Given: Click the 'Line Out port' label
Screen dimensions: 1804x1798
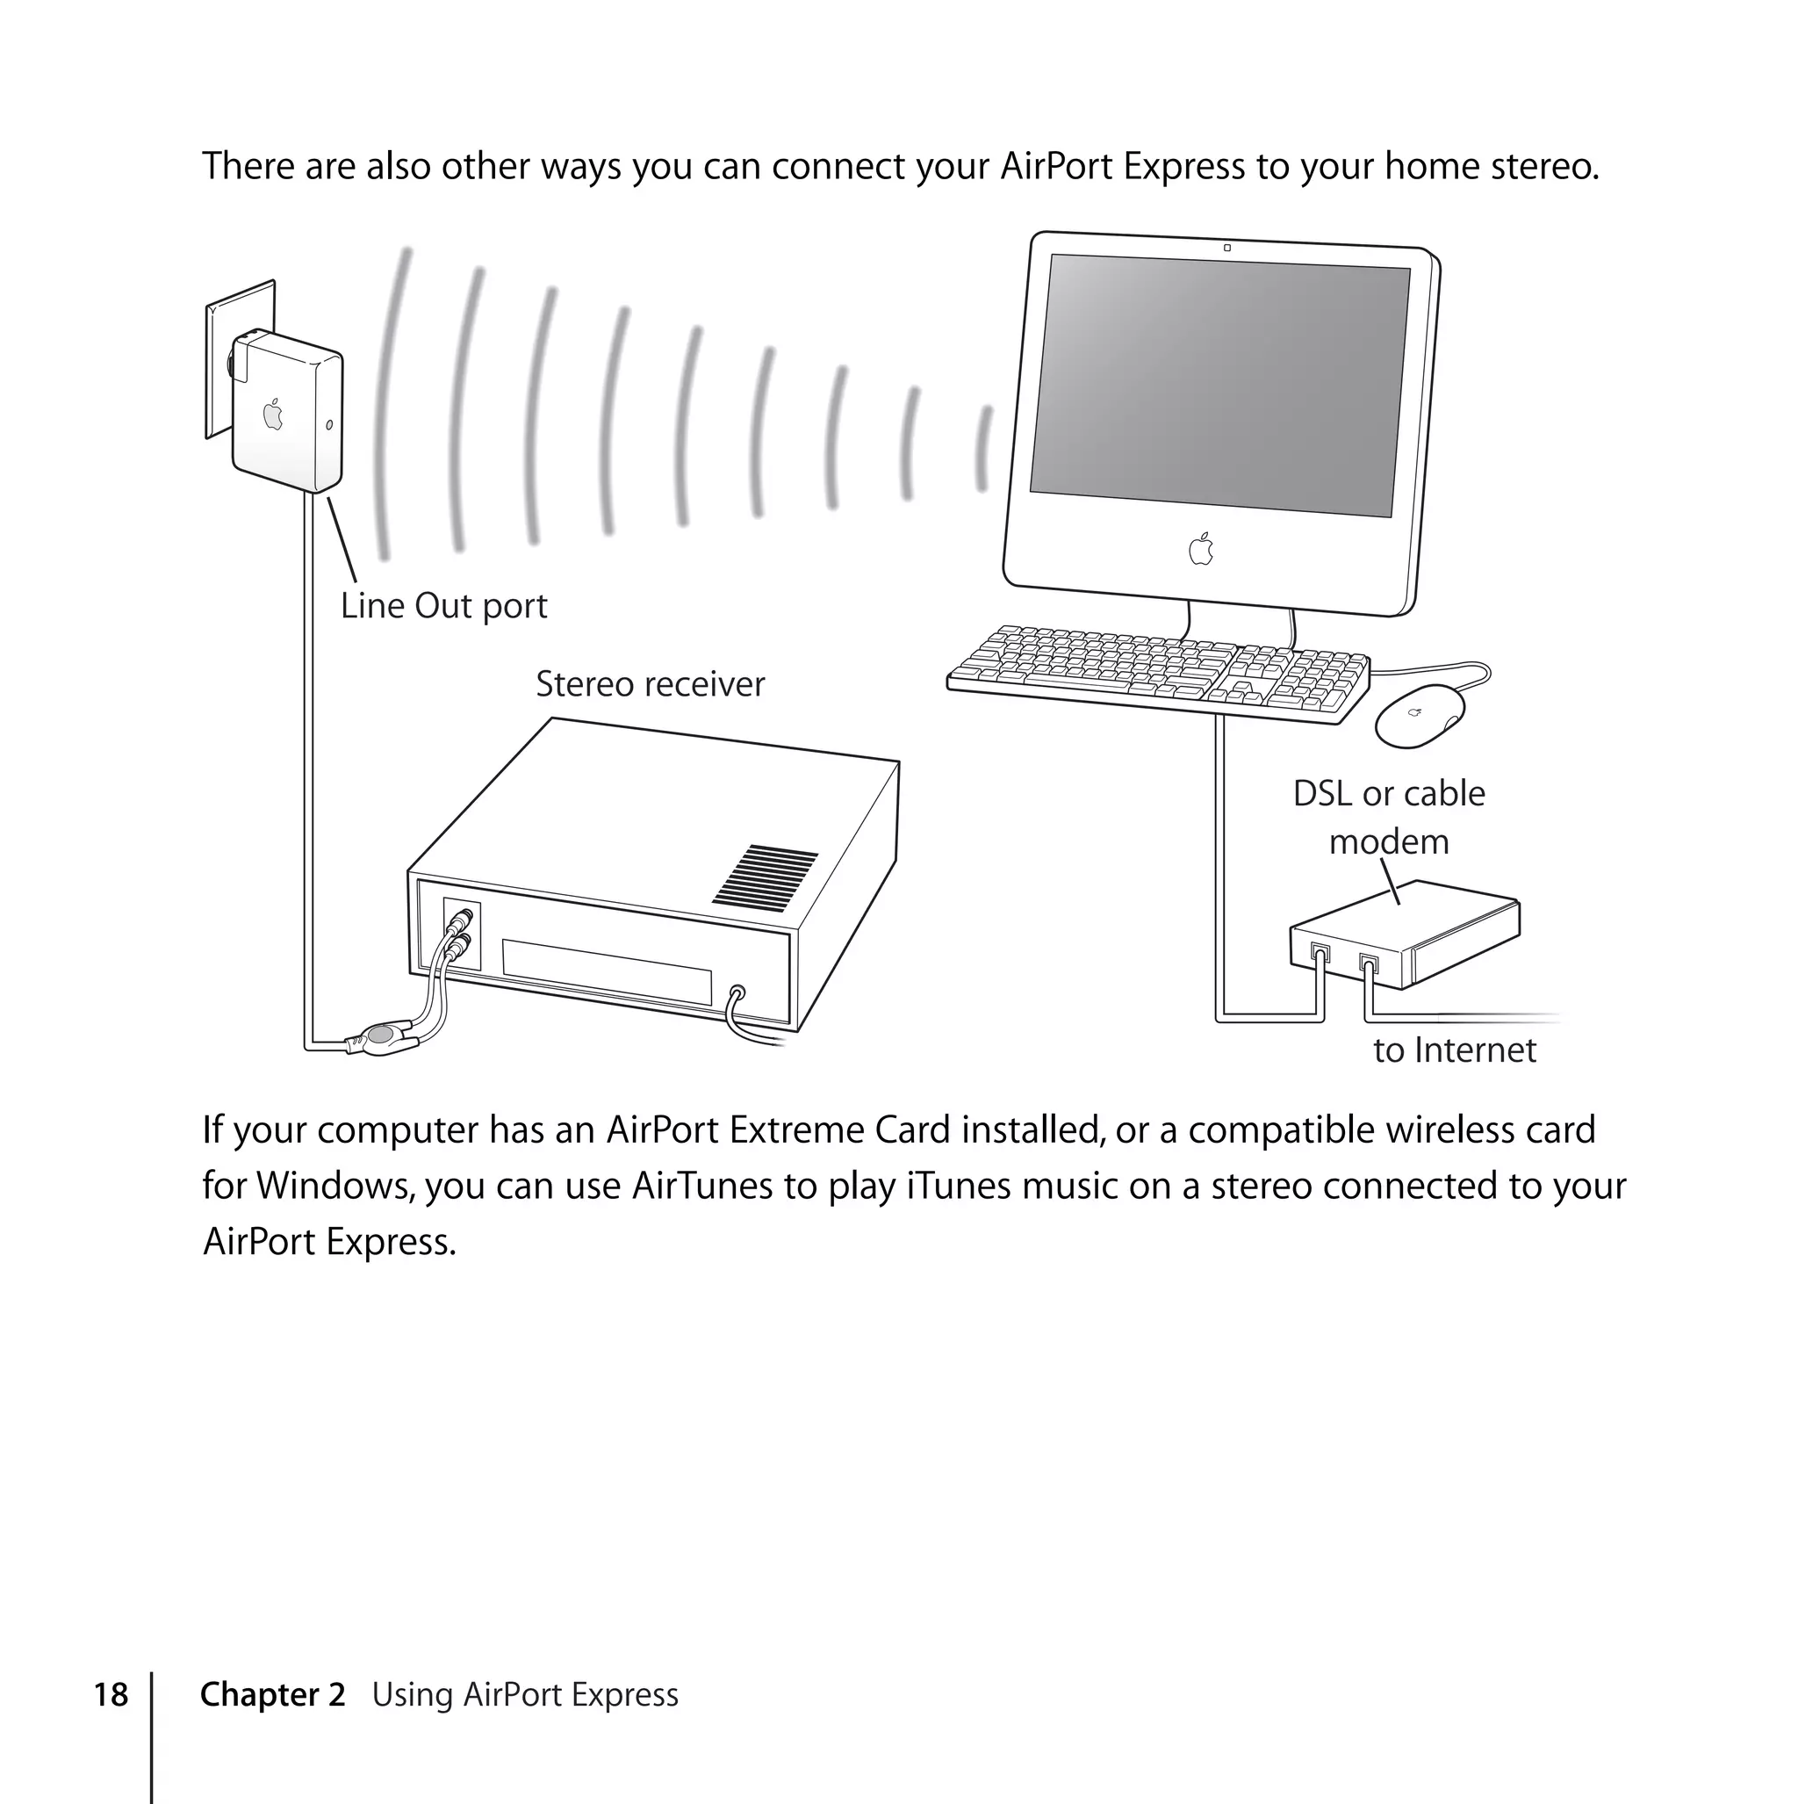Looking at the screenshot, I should pyautogui.click(x=443, y=606).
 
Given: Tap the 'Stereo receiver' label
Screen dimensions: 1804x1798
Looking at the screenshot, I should pyautogui.click(x=650, y=684).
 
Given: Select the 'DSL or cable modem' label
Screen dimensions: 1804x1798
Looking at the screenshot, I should pyautogui.click(x=1388, y=817).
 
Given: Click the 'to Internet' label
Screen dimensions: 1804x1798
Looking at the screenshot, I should pyautogui.click(x=1454, y=1050).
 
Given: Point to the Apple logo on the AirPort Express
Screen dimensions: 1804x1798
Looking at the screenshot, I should pyautogui.click(x=272, y=414).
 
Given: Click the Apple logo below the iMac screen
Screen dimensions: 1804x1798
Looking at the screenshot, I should pyautogui.click(x=1202, y=549).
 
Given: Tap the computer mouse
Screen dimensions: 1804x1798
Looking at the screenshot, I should pyautogui.click(x=1420, y=715).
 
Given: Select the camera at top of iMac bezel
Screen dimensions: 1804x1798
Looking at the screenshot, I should pyautogui.click(x=1226, y=248).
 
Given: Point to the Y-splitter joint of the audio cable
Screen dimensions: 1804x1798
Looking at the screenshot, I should pyautogui.click(x=381, y=1035).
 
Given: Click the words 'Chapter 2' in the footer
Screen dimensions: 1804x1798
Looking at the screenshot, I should pyautogui.click(x=272, y=1695).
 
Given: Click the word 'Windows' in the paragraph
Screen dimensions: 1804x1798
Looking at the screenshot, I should pyautogui.click(x=334, y=1186).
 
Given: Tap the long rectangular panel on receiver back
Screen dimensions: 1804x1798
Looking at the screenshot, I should pyautogui.click(x=607, y=971).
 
